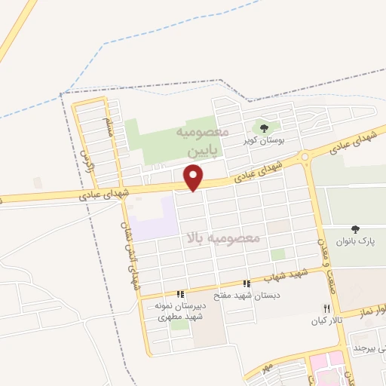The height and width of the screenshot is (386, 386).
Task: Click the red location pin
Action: click(195, 177)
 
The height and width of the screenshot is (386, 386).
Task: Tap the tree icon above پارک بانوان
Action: click(356, 228)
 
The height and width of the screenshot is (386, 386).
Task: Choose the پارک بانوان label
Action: click(355, 241)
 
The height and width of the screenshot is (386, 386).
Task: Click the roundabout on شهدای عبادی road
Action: click(305, 158)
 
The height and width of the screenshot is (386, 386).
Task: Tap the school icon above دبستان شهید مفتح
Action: click(247, 283)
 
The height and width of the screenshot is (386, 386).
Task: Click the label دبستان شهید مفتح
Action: click(247, 296)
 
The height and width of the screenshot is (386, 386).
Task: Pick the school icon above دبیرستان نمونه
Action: click(179, 295)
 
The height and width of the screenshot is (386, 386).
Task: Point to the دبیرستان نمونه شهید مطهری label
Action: click(180, 312)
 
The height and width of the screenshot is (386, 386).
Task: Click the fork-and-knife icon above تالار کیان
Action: click(326, 308)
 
